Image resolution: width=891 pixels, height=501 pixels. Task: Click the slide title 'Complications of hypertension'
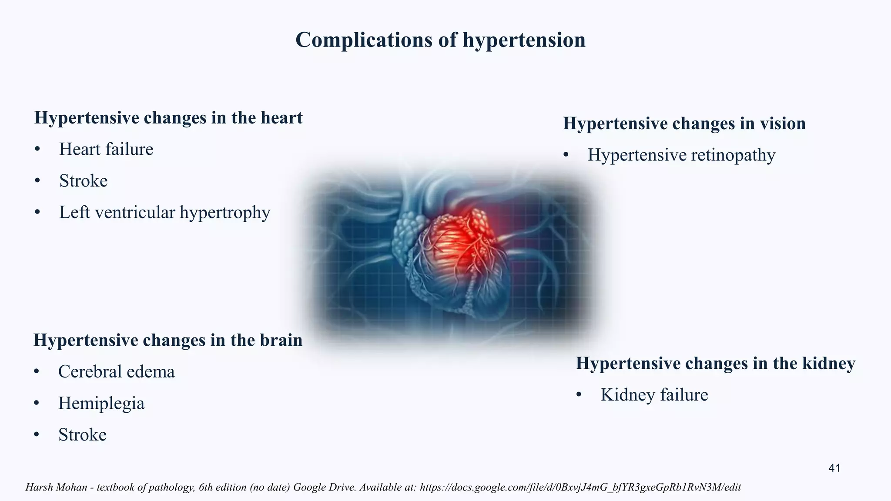pyautogui.click(x=440, y=40)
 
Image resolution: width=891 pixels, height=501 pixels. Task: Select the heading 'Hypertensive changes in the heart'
pyautogui.click(x=168, y=118)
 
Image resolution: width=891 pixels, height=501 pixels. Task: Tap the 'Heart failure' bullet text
pyautogui.click(x=106, y=150)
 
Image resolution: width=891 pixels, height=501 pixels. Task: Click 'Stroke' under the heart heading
pyautogui.click(x=83, y=181)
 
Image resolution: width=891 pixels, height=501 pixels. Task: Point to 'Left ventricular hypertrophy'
pyautogui.click(x=164, y=213)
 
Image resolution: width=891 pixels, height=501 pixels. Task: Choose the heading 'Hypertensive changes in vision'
pyautogui.click(x=684, y=124)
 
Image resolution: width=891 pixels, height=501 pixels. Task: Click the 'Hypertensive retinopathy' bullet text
pyautogui.click(x=681, y=155)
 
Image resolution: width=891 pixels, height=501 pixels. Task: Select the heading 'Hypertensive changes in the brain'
pyautogui.click(x=168, y=340)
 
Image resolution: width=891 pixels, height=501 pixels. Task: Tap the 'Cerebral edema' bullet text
pyautogui.click(x=116, y=372)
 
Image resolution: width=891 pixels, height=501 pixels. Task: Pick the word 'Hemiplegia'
pyautogui.click(x=101, y=404)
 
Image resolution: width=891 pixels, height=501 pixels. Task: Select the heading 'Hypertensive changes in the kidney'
pyautogui.click(x=715, y=363)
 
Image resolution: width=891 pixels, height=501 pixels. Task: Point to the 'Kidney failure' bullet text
pyautogui.click(x=654, y=395)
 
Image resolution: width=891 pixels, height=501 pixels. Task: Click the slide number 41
pyautogui.click(x=834, y=468)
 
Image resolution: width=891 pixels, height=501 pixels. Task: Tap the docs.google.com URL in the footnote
pyautogui.click(x=580, y=487)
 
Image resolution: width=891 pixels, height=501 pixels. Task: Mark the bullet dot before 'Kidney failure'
pyautogui.click(x=579, y=395)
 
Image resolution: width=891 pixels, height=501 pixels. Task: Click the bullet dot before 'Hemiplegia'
pyautogui.click(x=37, y=404)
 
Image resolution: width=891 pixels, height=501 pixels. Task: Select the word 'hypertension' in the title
pyautogui.click(x=524, y=40)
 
